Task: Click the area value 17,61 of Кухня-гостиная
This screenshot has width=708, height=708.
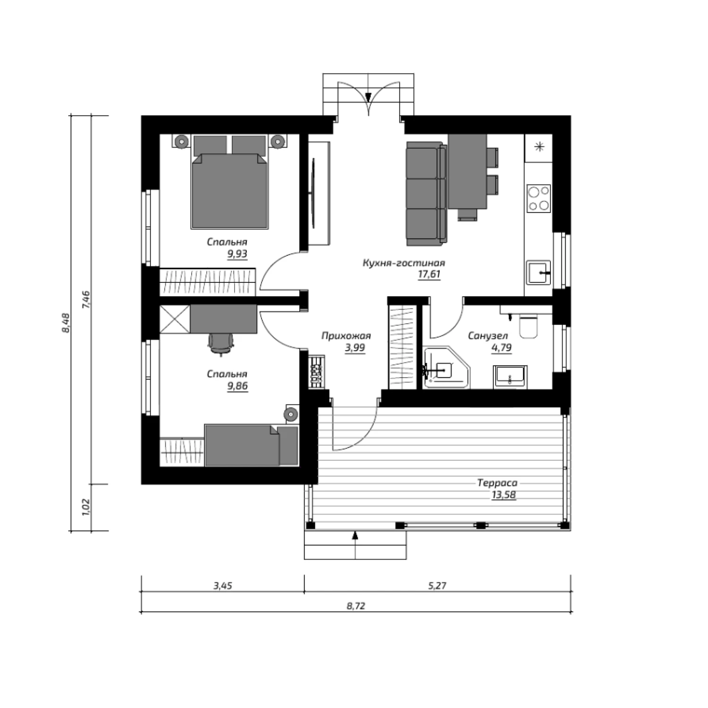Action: (x=429, y=275)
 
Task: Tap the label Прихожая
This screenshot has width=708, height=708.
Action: (x=346, y=336)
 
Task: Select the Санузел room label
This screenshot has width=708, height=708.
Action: (x=488, y=336)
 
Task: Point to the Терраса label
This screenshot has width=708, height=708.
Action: (x=497, y=483)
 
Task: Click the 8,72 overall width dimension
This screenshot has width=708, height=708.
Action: (x=356, y=606)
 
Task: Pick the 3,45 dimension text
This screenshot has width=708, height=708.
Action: (x=223, y=586)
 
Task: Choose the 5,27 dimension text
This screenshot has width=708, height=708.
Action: (x=437, y=586)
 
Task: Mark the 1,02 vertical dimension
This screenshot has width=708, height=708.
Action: (x=86, y=507)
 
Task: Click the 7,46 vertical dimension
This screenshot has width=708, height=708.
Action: (x=86, y=300)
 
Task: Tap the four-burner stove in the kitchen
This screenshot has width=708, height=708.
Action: (x=539, y=198)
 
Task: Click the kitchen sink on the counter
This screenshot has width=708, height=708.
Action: (x=539, y=272)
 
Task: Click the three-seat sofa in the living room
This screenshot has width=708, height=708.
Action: (x=426, y=194)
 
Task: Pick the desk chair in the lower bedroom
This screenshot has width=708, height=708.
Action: (x=221, y=343)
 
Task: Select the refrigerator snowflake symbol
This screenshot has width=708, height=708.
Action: (x=539, y=147)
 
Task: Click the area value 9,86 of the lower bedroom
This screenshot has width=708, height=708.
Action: (x=237, y=386)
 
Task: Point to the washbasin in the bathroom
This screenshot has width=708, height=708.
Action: (x=510, y=377)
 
